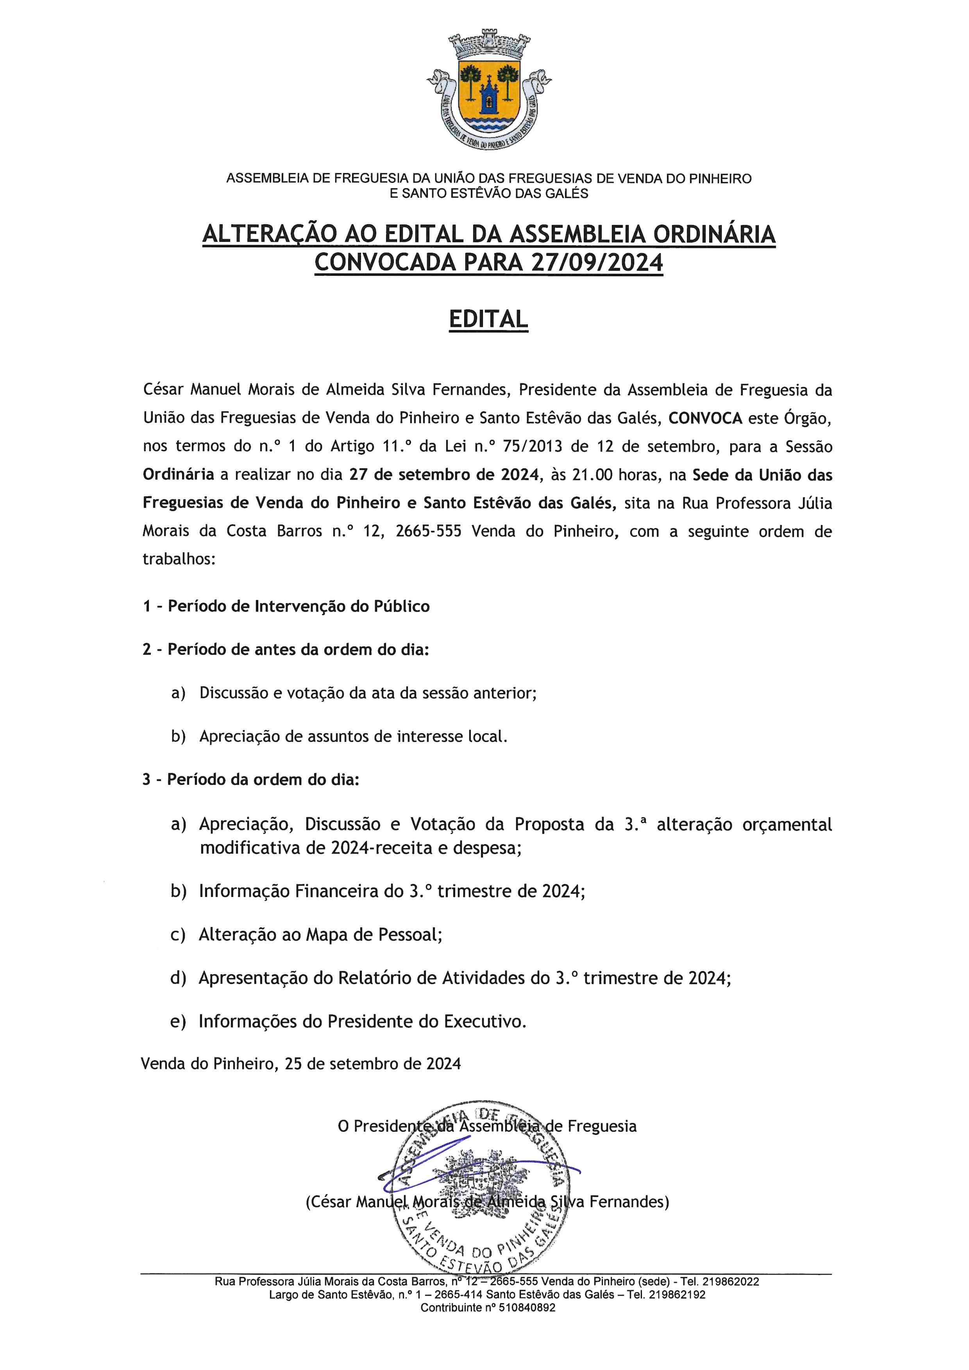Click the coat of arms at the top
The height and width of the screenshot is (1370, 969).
click(x=489, y=93)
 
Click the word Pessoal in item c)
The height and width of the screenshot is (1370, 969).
click(x=410, y=934)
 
